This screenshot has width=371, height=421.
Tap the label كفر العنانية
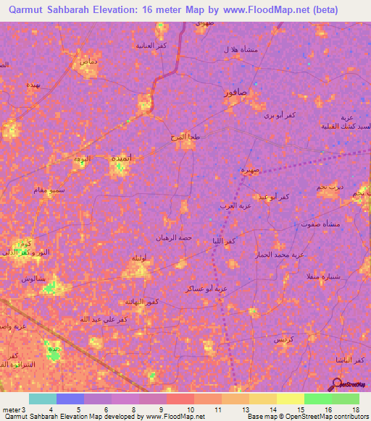click(152, 46)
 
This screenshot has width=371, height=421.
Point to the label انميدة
click(120, 157)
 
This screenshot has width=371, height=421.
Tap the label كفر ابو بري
click(278, 115)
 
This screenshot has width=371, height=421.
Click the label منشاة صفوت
click(319, 224)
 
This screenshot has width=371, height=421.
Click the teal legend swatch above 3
click(43, 399)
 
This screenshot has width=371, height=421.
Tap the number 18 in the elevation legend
click(355, 409)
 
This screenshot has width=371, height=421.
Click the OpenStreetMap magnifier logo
click(338, 383)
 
